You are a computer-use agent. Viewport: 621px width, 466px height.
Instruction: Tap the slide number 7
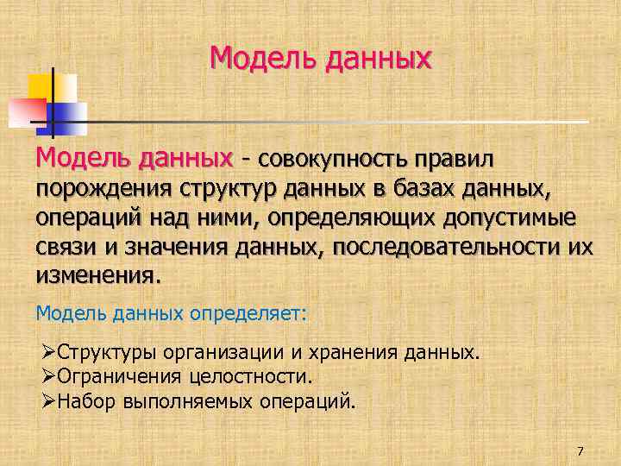click(x=580, y=451)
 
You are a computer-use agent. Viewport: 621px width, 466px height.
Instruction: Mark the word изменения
click(x=96, y=276)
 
